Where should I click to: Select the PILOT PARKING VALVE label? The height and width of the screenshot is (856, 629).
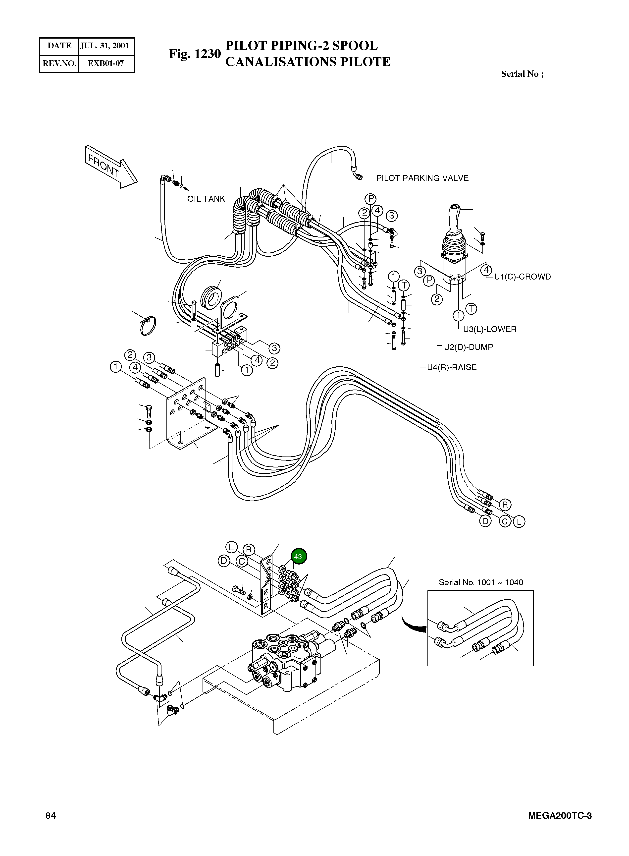tap(422, 178)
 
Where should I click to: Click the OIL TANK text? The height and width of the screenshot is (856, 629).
tap(206, 199)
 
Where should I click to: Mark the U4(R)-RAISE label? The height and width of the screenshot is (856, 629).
tap(452, 367)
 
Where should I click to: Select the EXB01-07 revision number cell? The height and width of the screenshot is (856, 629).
tap(106, 63)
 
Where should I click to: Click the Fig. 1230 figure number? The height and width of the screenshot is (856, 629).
tap(195, 54)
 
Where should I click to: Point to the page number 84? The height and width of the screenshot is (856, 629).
tap(51, 815)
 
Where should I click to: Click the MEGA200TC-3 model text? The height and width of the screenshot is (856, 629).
tap(560, 815)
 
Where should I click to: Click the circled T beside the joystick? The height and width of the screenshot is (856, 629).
tap(471, 308)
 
